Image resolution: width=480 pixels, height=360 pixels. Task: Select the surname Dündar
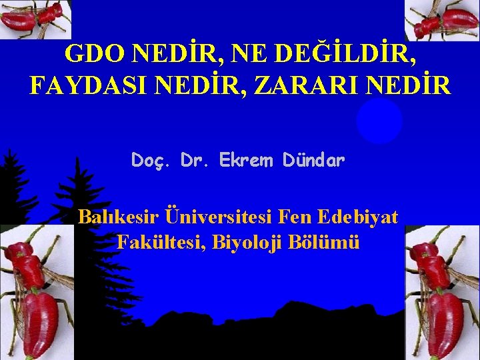[x=314, y=160]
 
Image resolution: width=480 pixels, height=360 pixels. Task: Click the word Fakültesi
[x=160, y=242]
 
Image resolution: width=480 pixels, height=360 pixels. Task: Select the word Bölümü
[x=325, y=242]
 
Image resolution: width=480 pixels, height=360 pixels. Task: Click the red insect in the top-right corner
[x=443, y=20]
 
